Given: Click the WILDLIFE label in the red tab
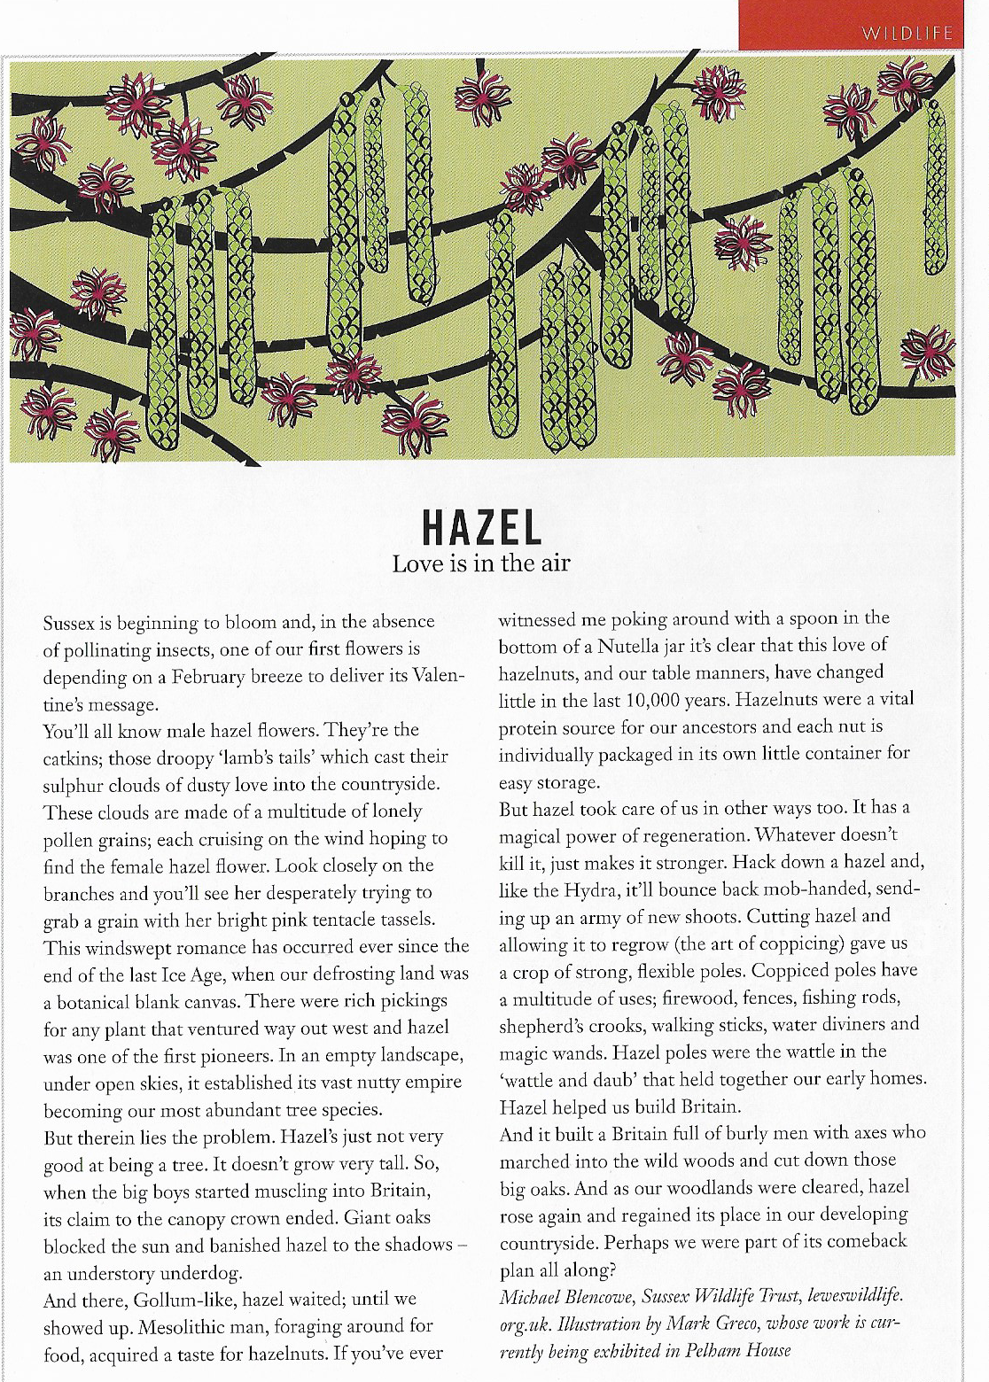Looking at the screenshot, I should point(907,35).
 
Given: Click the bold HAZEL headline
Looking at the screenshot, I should point(481,528).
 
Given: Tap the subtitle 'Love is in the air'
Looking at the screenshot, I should point(481,563).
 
